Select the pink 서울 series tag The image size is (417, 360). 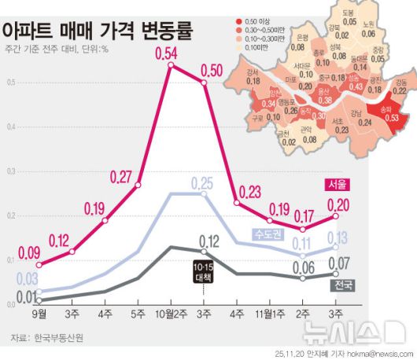point(338,185)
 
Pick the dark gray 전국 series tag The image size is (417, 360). point(343,284)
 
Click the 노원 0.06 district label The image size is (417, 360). point(369,28)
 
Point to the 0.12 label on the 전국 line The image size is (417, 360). point(208,241)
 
